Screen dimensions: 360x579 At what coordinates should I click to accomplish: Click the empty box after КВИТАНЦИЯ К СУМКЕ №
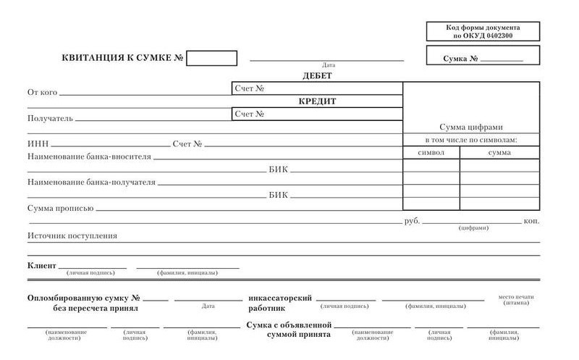pos(211,58)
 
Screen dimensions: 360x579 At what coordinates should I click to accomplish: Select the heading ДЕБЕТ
pos(317,75)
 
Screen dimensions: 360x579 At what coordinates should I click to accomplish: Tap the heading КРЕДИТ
pos(318,101)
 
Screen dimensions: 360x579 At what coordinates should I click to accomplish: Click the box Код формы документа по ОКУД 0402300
pos(483,31)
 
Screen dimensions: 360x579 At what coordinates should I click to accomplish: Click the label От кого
pos(42,92)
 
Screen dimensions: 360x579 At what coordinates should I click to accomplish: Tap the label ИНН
pos(38,144)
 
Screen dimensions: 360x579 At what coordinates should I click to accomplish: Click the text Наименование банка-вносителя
pos(89,156)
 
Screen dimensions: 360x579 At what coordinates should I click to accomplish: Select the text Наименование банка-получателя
pos(91,183)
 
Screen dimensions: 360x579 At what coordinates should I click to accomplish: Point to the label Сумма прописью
pos(60,209)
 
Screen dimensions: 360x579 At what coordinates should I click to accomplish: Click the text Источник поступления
pos(72,235)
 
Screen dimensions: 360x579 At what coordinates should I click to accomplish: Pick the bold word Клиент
pos(41,266)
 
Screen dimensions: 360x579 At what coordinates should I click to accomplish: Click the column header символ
pos(431,153)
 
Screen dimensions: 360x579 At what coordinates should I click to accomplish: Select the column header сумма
pos(499,153)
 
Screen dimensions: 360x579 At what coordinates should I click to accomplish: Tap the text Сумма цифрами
pos(470,127)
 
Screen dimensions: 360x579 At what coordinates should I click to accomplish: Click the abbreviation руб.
pos(412,220)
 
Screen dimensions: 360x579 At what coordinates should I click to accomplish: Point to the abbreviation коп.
pos(531,220)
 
